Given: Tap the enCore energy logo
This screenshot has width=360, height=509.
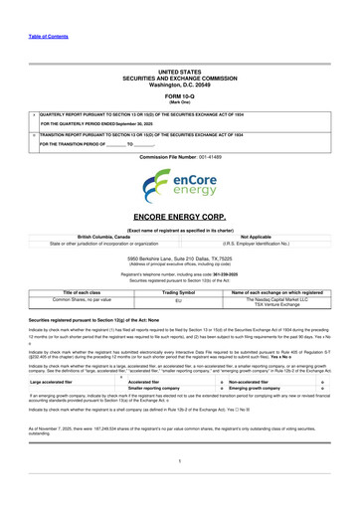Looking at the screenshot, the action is click(x=179, y=184).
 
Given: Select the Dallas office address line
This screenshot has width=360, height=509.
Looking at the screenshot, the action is click(x=179, y=257).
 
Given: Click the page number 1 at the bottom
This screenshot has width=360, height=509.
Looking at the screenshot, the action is click(x=179, y=488).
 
